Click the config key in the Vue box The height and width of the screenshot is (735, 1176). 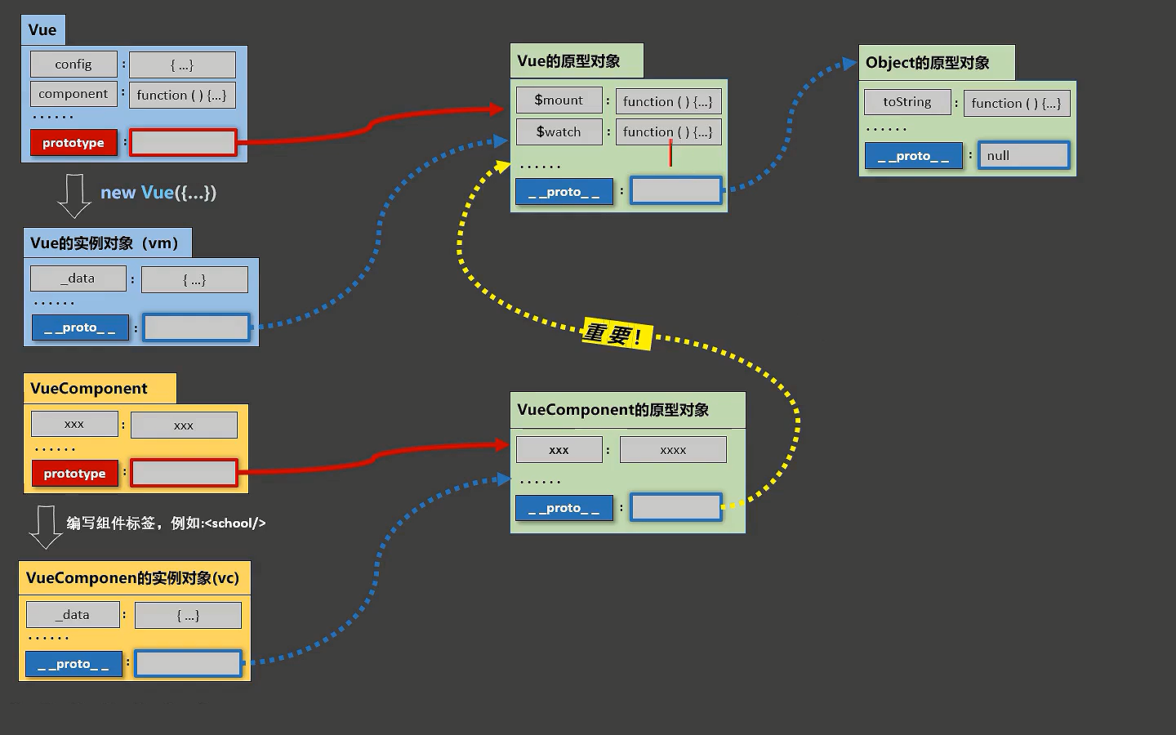point(73,64)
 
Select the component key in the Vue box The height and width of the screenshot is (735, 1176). point(73,94)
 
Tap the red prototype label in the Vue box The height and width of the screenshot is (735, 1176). point(73,143)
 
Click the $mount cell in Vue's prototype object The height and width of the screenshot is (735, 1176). point(559,100)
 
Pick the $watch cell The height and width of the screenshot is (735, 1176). point(559,131)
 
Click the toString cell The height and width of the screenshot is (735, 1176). point(907,102)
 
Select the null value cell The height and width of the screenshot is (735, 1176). point(1024,155)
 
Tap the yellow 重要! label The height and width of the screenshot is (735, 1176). point(617,334)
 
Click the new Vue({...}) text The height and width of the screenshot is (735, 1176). point(158,193)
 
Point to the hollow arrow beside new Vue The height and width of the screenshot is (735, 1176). point(74,196)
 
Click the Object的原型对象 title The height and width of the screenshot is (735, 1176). point(927,63)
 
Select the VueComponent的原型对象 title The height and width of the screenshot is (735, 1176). point(612,409)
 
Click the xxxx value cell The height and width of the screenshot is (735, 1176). point(673,450)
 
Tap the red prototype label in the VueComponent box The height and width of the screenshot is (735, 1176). point(75,474)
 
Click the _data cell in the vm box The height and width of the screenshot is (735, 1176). point(78,278)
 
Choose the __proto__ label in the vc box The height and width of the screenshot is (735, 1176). point(74,664)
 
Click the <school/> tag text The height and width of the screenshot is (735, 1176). point(234,523)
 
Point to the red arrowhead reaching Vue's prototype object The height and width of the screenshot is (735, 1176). point(497,109)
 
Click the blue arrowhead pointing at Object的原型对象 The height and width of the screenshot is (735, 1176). point(849,64)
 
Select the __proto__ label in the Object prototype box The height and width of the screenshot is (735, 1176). point(914,156)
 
